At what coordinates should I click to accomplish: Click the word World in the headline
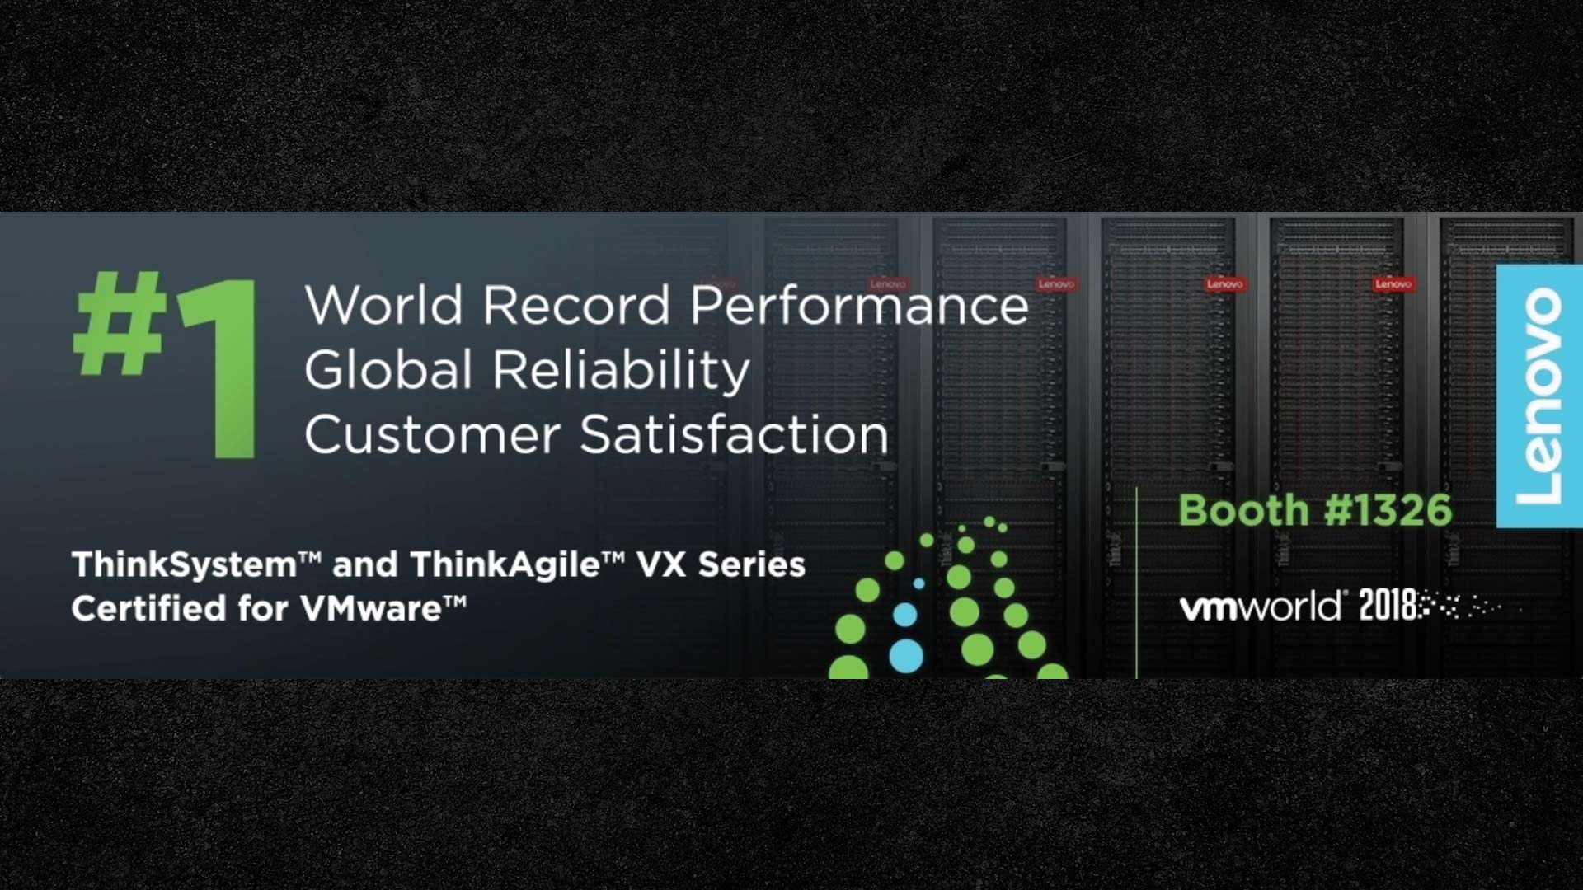(x=384, y=305)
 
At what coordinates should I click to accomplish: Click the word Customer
(x=433, y=434)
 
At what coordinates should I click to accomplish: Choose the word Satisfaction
(x=735, y=434)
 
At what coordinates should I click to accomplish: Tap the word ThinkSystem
(x=184, y=566)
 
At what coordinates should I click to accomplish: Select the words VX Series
(x=721, y=565)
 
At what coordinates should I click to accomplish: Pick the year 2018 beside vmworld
(x=1389, y=606)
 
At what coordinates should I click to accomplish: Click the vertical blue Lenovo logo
(x=1539, y=396)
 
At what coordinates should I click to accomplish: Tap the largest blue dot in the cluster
(x=906, y=656)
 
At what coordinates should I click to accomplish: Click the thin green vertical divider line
(x=1136, y=583)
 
